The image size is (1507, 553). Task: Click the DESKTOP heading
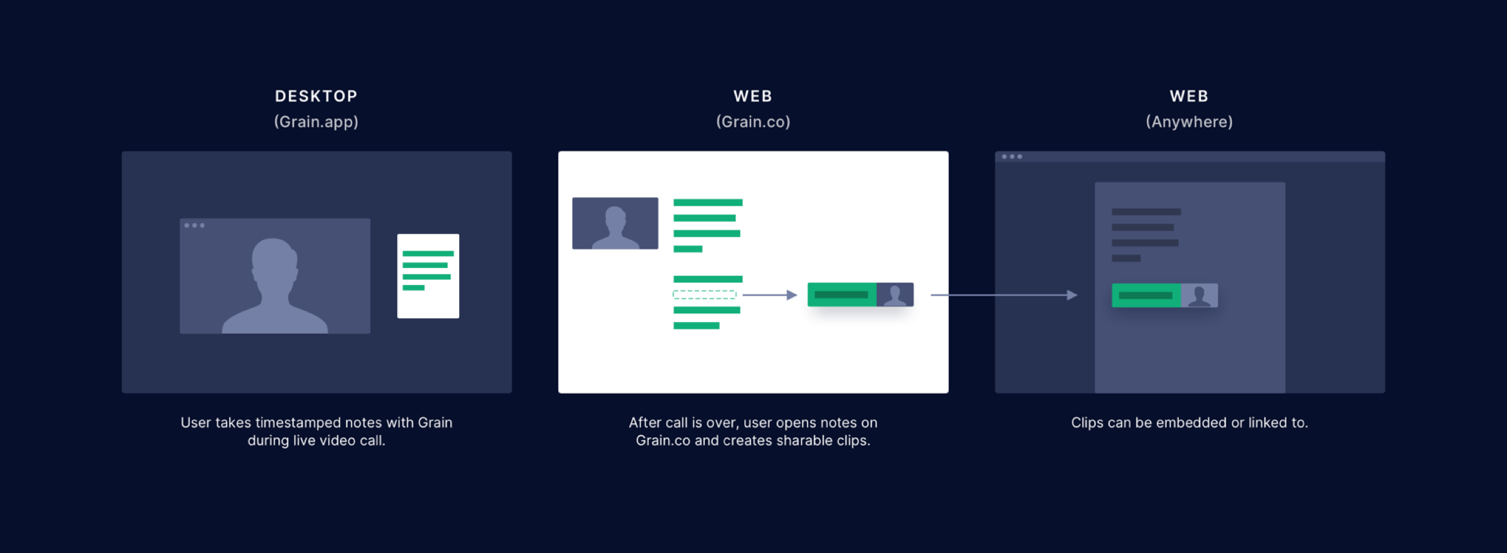(x=316, y=96)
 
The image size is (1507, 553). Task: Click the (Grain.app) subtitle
(x=316, y=122)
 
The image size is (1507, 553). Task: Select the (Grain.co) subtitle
(x=753, y=122)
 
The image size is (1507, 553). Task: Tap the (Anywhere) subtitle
(x=1189, y=122)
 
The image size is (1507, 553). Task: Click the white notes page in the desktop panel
(x=428, y=276)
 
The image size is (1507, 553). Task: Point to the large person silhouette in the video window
(x=275, y=286)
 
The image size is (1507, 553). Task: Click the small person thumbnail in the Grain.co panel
(x=615, y=223)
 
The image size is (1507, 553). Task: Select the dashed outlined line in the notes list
(x=704, y=295)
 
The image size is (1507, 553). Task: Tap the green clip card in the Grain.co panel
(x=860, y=295)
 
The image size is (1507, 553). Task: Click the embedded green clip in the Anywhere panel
(x=1164, y=296)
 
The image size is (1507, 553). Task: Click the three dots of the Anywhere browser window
(x=1012, y=157)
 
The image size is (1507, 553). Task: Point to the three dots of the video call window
(x=194, y=226)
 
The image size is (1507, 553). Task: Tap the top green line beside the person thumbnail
(x=707, y=203)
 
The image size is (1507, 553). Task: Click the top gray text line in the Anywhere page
(x=1146, y=212)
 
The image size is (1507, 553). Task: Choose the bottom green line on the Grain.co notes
(x=696, y=326)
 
